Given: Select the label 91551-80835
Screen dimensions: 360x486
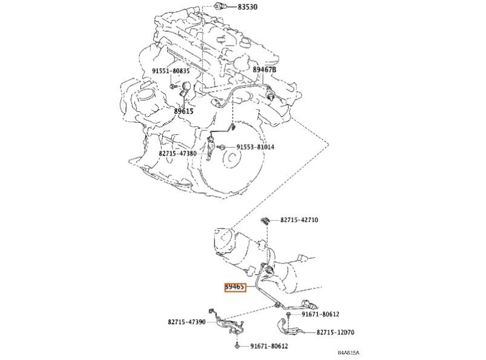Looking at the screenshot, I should (x=171, y=71).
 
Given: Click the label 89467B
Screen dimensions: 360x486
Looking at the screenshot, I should (x=264, y=70).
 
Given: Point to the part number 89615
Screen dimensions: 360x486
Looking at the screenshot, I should (x=183, y=111).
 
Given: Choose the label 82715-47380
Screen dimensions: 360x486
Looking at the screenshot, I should (x=177, y=154).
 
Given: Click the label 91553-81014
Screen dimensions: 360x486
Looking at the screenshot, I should (x=256, y=147).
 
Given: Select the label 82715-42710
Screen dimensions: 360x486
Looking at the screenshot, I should (x=299, y=220).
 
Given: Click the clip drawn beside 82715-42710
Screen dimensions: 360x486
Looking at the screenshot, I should (x=265, y=219).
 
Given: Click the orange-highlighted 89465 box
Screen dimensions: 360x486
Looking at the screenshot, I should (x=235, y=286).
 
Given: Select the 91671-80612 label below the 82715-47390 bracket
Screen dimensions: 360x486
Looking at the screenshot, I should (x=269, y=346).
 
